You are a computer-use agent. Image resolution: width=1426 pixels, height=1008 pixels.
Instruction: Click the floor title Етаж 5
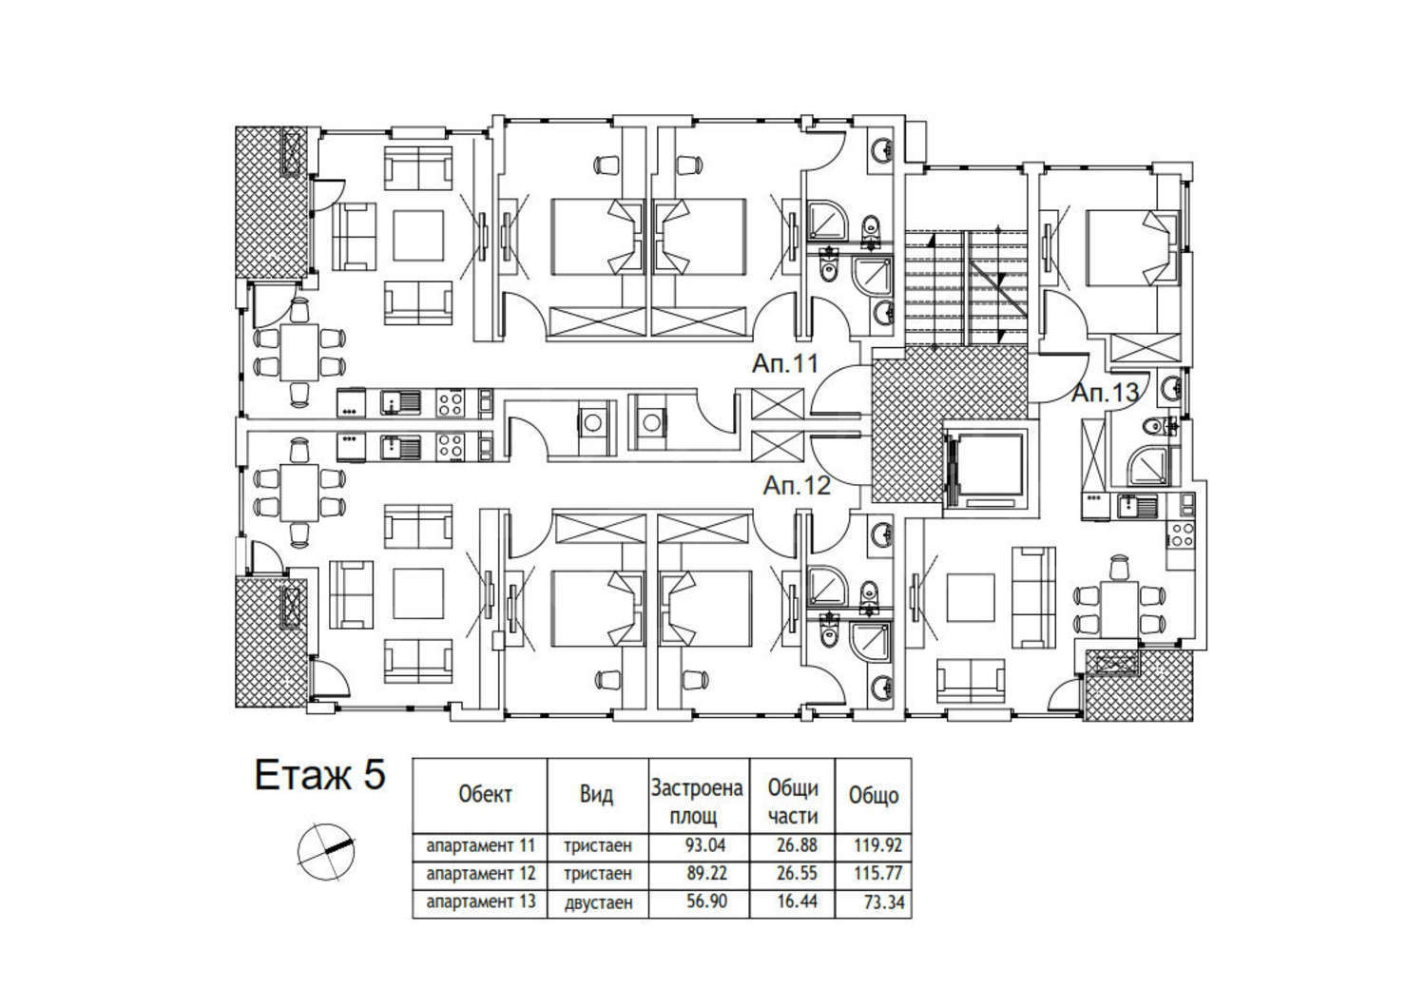coord(320,776)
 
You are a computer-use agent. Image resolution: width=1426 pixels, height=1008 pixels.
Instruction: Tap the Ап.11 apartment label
coord(785,364)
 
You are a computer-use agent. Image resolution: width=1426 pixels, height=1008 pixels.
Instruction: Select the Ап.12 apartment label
coord(797,486)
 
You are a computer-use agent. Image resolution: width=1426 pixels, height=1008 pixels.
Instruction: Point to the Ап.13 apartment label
coord(1105,393)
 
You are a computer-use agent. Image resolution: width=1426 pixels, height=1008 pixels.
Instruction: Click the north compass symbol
coord(325,851)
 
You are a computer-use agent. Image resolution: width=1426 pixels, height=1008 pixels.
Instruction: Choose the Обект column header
coord(485,795)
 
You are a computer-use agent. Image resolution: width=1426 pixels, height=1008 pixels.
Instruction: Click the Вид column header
coord(596,795)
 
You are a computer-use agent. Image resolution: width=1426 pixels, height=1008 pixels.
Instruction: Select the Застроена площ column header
coord(697,802)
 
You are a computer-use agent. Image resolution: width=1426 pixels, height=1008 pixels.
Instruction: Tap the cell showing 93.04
coord(705,845)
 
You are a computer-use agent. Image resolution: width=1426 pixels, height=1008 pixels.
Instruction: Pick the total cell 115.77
coord(877,873)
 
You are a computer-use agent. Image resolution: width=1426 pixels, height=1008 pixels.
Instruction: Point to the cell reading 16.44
coord(797,901)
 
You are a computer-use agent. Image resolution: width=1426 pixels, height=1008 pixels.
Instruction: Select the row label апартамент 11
coord(481,846)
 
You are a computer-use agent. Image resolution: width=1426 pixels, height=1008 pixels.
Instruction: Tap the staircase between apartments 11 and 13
coord(967,289)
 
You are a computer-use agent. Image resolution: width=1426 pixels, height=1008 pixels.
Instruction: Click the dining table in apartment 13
coord(1120,609)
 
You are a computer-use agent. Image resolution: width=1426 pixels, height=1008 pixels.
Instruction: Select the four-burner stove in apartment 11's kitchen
coord(450,403)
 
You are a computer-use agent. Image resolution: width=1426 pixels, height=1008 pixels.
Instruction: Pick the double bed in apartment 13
coord(1132,248)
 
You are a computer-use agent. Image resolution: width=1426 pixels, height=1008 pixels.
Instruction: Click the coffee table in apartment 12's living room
coord(417,592)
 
